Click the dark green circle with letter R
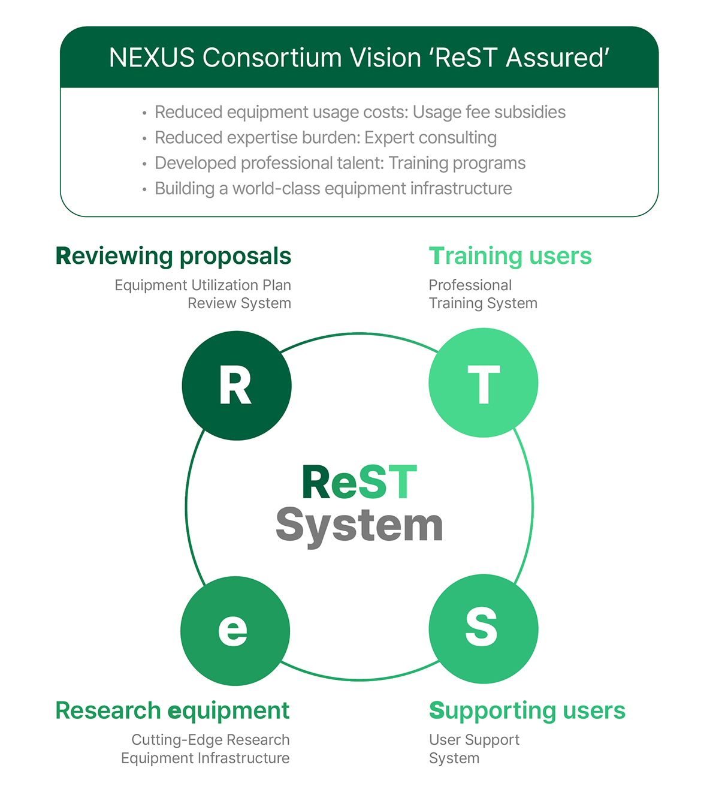(x=237, y=386)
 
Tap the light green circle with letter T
(x=483, y=383)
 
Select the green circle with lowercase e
(x=235, y=630)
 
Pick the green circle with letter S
(x=483, y=628)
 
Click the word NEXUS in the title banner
(x=152, y=58)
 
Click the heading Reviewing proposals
(x=173, y=256)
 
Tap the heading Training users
(x=510, y=256)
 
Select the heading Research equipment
(x=173, y=710)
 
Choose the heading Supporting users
(x=527, y=710)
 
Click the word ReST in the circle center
(x=359, y=483)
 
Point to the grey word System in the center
(x=359, y=526)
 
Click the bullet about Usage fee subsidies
(x=359, y=112)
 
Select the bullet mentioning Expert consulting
(x=325, y=138)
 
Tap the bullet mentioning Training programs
(x=340, y=163)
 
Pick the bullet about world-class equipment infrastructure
(x=333, y=189)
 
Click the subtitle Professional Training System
(x=482, y=294)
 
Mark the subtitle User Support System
(x=473, y=748)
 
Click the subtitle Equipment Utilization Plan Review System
(x=203, y=294)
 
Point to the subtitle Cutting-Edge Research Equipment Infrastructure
(x=206, y=748)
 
